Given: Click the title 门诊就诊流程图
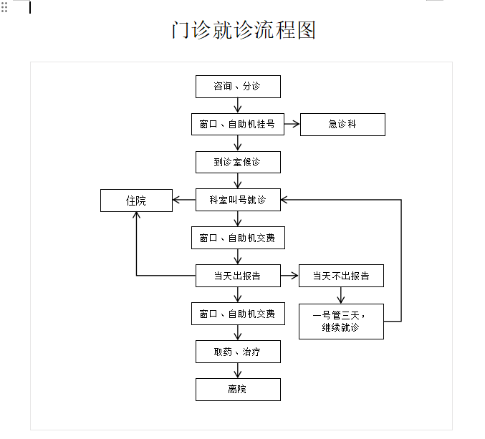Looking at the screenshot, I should (x=244, y=30).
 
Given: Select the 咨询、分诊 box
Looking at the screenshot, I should (x=238, y=87).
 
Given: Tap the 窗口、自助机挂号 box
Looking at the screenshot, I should (x=238, y=125).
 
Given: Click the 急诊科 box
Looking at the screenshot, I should (x=342, y=125).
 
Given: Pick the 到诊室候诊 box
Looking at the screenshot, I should (x=238, y=163).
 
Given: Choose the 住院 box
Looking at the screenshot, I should (x=136, y=201).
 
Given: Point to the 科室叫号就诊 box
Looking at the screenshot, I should (x=238, y=201).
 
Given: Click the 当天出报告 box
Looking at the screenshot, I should (x=238, y=276).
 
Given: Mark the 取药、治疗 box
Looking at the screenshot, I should (x=238, y=352).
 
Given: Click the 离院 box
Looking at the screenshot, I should (x=238, y=390).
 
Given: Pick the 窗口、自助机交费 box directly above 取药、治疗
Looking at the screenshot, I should (x=238, y=314).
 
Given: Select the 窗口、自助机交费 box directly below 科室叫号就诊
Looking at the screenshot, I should (x=238, y=238).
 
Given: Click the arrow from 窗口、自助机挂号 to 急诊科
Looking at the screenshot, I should (x=292, y=125).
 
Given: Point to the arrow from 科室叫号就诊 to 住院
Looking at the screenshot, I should (x=185, y=201).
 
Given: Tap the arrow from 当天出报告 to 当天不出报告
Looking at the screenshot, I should (x=289, y=276).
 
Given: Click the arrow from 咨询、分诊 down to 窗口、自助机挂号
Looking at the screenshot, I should (x=238, y=105).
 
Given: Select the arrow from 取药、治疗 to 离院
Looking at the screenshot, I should (x=238, y=370).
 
